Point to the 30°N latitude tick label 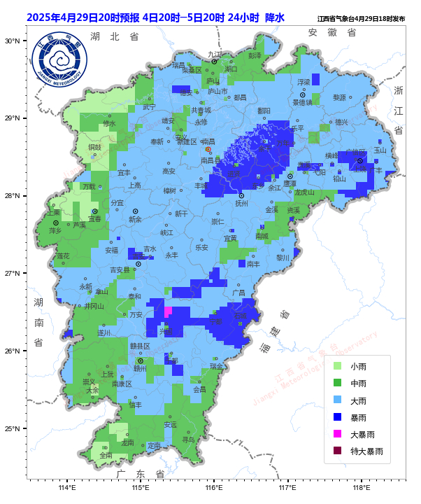tap(12, 41)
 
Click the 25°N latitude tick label tap(12, 428)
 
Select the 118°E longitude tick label tap(361, 489)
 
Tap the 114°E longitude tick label tap(66, 489)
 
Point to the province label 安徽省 tap(332, 32)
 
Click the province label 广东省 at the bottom tap(141, 474)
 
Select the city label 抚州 tap(242, 204)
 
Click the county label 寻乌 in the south tap(189, 440)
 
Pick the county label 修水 tap(110, 123)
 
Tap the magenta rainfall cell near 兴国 tap(168, 311)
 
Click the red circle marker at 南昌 tap(208, 149)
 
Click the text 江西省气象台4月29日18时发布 tap(361, 19)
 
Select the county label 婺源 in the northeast tap(339, 98)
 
